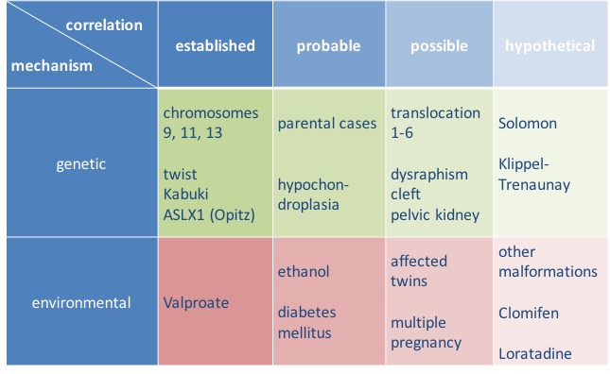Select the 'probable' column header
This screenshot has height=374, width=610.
coord(323,45)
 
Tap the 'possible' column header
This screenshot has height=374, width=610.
coord(439,45)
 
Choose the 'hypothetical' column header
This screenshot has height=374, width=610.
coord(549,45)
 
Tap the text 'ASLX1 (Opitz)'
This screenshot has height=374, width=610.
coord(209,214)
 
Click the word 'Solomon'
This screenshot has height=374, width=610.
coord(527,124)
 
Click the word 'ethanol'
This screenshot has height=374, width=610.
coord(303,272)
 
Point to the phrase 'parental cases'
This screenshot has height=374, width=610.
coord(326,124)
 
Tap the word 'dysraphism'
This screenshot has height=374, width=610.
coord(427,174)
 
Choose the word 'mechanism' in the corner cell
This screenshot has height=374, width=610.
coord(52,67)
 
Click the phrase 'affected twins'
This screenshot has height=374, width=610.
coord(419,271)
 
